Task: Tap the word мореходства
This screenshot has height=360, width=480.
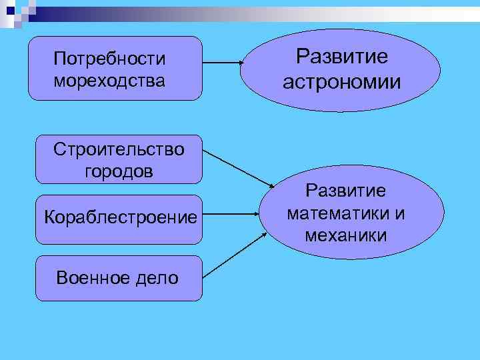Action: click(109, 82)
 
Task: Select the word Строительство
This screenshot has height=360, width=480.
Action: click(119, 149)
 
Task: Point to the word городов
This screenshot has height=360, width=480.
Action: click(119, 171)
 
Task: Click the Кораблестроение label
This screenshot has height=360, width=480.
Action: click(120, 217)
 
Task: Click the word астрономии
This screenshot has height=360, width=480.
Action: click(341, 82)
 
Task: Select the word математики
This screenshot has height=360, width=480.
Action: click(337, 213)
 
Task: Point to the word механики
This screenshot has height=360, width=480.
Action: click(345, 235)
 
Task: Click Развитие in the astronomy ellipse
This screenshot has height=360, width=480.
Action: click(341, 57)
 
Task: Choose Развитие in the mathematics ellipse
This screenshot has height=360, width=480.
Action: click(345, 191)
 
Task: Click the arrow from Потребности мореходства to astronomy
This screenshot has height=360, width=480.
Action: click(222, 63)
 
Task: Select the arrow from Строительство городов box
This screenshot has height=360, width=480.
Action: click(237, 167)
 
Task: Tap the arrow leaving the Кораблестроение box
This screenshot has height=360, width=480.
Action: click(230, 215)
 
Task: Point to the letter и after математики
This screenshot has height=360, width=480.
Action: click(400, 213)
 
